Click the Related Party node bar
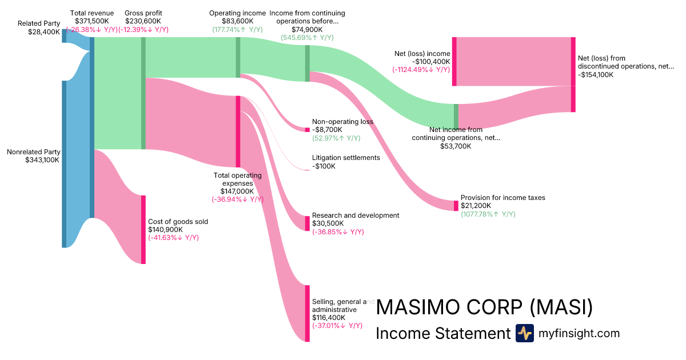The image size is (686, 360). click(64, 36)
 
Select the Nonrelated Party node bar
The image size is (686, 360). click(64, 164)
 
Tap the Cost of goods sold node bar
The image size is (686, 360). click(143, 229)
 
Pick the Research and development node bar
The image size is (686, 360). click(307, 223)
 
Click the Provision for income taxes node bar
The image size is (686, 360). click(456, 206)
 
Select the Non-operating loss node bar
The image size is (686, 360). click(307, 130)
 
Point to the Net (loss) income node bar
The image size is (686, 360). click(454, 61)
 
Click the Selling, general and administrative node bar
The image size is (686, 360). click(307, 313)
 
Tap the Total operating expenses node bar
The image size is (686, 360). click(238, 131)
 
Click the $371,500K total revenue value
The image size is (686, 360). click(92, 21)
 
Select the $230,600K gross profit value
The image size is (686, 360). click(143, 21)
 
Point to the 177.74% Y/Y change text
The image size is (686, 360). click(237, 29)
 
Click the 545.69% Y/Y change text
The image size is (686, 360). click(307, 37)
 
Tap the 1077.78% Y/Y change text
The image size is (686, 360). click(488, 214)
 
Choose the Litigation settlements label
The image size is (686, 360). click(346, 158)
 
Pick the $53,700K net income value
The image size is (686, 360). click(456, 146)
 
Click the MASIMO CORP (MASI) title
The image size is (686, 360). click(484, 307)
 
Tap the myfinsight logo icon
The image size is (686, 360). click(524, 333)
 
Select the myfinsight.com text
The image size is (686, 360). click(579, 333)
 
